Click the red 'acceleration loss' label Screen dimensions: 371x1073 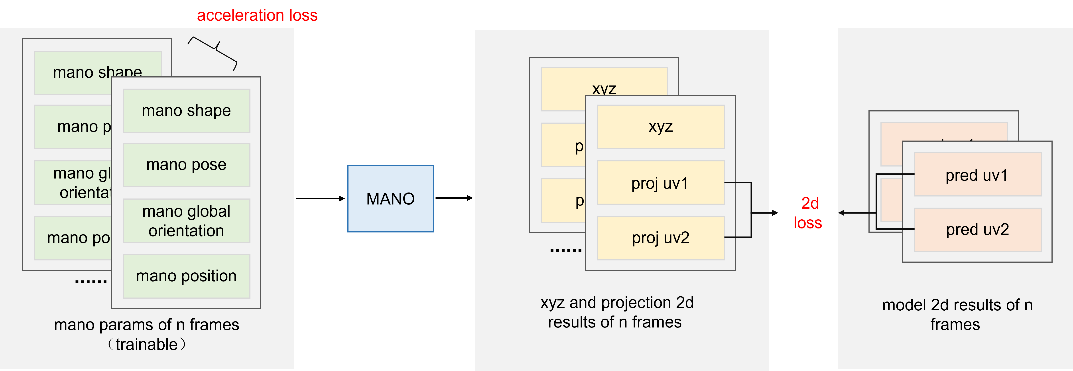click(257, 15)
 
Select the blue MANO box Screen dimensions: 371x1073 click(390, 199)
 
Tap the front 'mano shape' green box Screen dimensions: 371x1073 click(186, 111)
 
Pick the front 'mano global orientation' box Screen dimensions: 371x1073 click(186, 221)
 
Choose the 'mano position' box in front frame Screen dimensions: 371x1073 click(186, 276)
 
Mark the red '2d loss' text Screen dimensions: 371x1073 click(808, 213)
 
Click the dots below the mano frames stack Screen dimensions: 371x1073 click(91, 282)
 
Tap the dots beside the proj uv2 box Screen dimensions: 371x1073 click(566, 250)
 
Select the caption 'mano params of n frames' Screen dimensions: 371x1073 click(147, 325)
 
